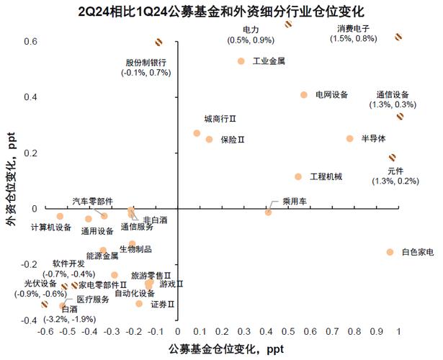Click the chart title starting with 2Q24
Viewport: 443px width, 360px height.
tap(221, 12)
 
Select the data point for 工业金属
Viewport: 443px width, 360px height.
tap(241, 61)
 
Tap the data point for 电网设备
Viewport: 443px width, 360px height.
tap(303, 95)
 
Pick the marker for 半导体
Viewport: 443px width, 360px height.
tap(350, 139)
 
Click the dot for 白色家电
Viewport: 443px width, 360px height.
tap(390, 252)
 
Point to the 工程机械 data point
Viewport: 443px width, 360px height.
tap(298, 177)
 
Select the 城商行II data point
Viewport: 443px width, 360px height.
tap(197, 133)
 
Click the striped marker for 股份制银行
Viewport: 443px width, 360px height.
tap(159, 43)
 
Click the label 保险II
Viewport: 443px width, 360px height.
tap(233, 140)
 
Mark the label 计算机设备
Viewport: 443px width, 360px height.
tap(51, 228)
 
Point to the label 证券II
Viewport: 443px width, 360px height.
tap(163, 305)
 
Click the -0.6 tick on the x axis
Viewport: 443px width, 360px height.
tap(45, 333)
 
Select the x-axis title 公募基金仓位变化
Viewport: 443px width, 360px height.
tap(221, 348)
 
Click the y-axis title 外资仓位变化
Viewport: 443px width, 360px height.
tap(9, 180)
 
